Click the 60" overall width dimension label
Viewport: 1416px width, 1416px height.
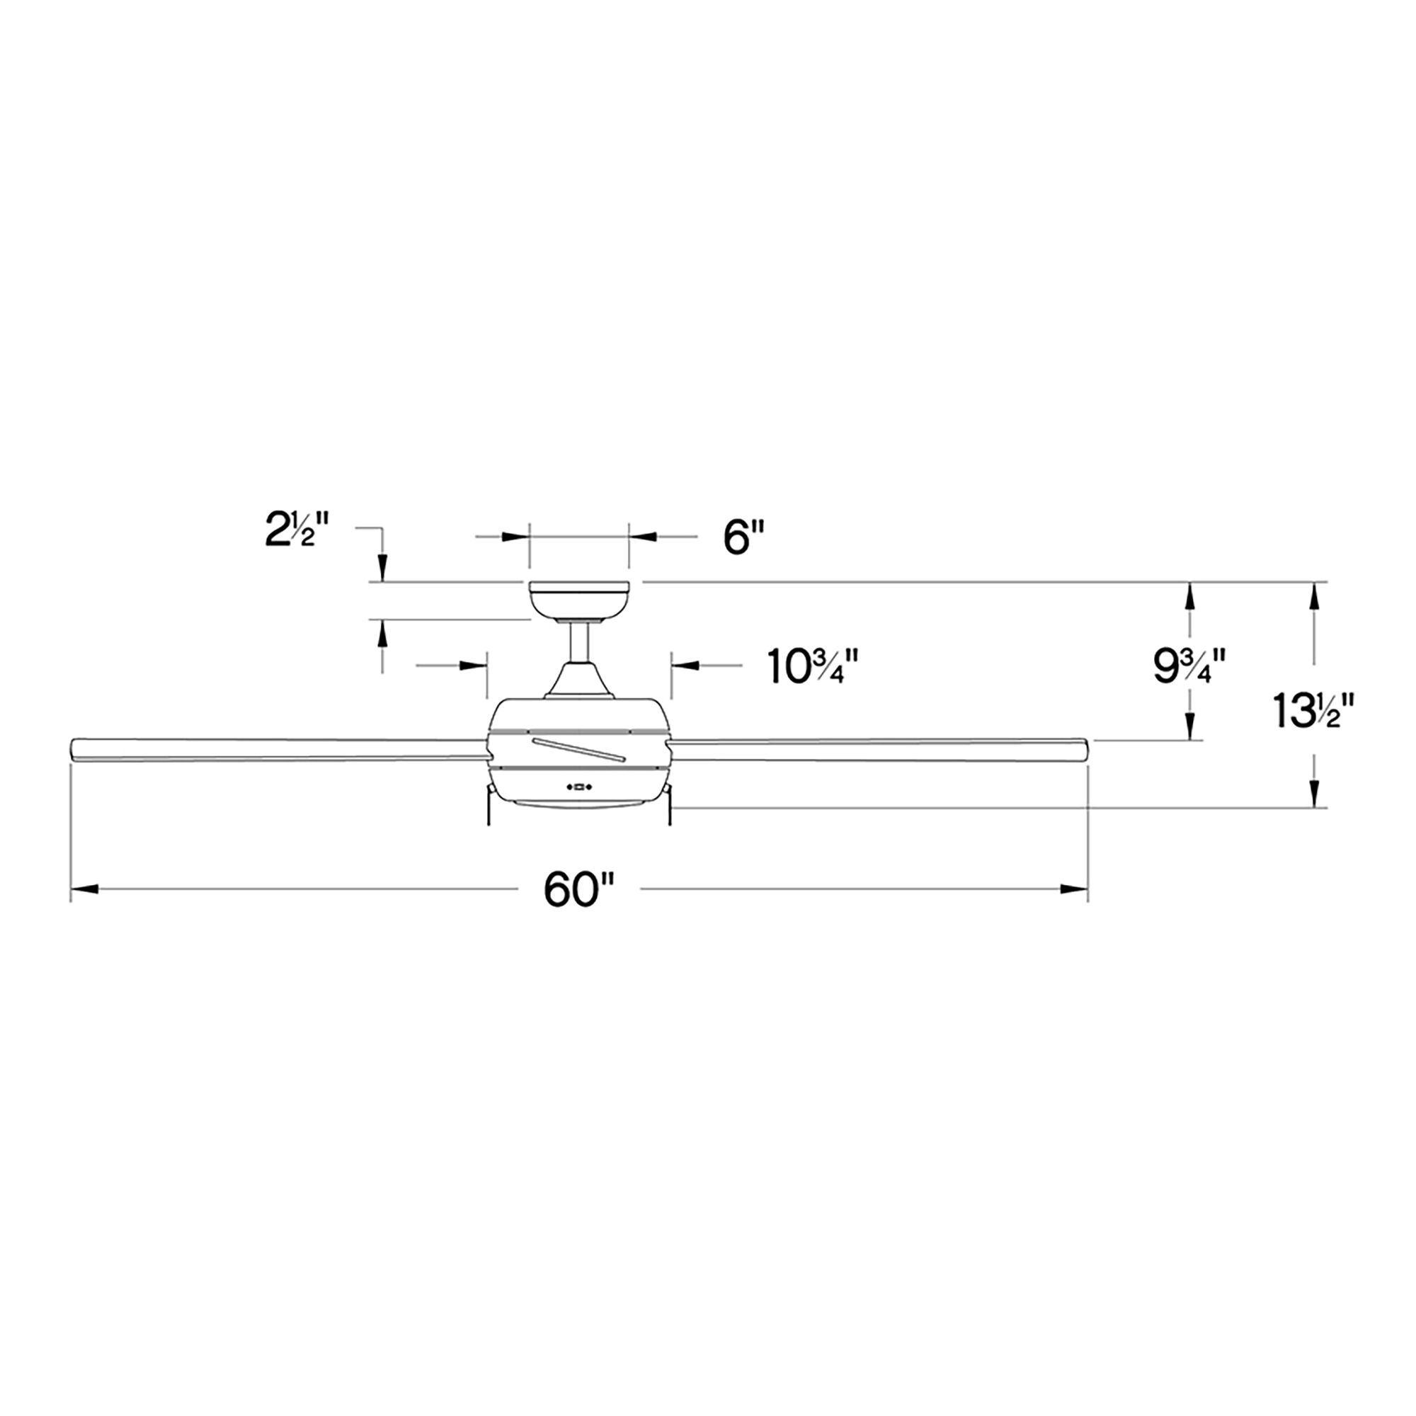578,890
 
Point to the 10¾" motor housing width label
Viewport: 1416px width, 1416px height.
812,666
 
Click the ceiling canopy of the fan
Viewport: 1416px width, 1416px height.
579,600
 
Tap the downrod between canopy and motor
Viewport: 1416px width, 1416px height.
579,641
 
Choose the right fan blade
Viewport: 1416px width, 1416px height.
879,750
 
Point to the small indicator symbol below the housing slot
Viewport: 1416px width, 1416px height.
579,788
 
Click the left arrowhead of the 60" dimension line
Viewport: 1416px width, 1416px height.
84,890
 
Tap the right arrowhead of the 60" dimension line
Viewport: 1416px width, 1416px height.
1075,890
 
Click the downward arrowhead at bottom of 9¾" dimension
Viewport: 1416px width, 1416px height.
1189,727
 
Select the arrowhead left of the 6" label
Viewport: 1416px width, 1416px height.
515,537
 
